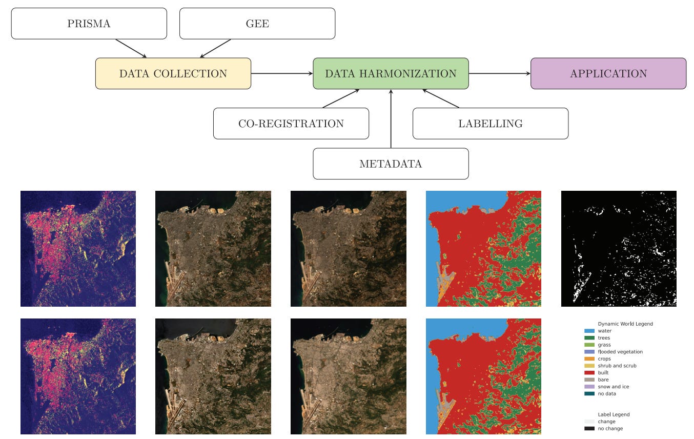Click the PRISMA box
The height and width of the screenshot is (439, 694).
tap(89, 24)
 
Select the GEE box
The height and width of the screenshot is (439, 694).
tap(257, 24)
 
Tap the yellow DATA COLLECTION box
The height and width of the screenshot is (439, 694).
tap(173, 73)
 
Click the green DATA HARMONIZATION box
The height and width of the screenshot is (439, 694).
tap(391, 73)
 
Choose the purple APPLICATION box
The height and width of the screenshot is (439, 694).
tap(608, 73)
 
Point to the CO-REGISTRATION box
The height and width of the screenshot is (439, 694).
tap(291, 124)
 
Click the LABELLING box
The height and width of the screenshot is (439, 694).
tap(491, 124)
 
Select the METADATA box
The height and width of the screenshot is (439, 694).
tap(391, 164)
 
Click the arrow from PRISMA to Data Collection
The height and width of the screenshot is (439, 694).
tap(131, 48)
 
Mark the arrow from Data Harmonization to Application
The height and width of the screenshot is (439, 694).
tap(499, 73)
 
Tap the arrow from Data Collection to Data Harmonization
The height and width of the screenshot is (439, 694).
tap(282, 73)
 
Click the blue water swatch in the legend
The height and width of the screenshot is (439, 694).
tap(589, 331)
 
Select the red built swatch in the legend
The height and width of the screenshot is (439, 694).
tap(589, 373)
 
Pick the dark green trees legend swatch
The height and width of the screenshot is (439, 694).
tap(589, 338)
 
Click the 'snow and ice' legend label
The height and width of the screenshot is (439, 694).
tap(613, 387)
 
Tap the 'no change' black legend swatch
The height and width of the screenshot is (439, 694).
tap(589, 429)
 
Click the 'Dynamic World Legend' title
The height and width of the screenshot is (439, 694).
tap(625, 324)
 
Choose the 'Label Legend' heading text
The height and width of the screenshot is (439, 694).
tap(614, 414)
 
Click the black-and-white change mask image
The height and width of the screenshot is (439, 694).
tap(619, 249)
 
